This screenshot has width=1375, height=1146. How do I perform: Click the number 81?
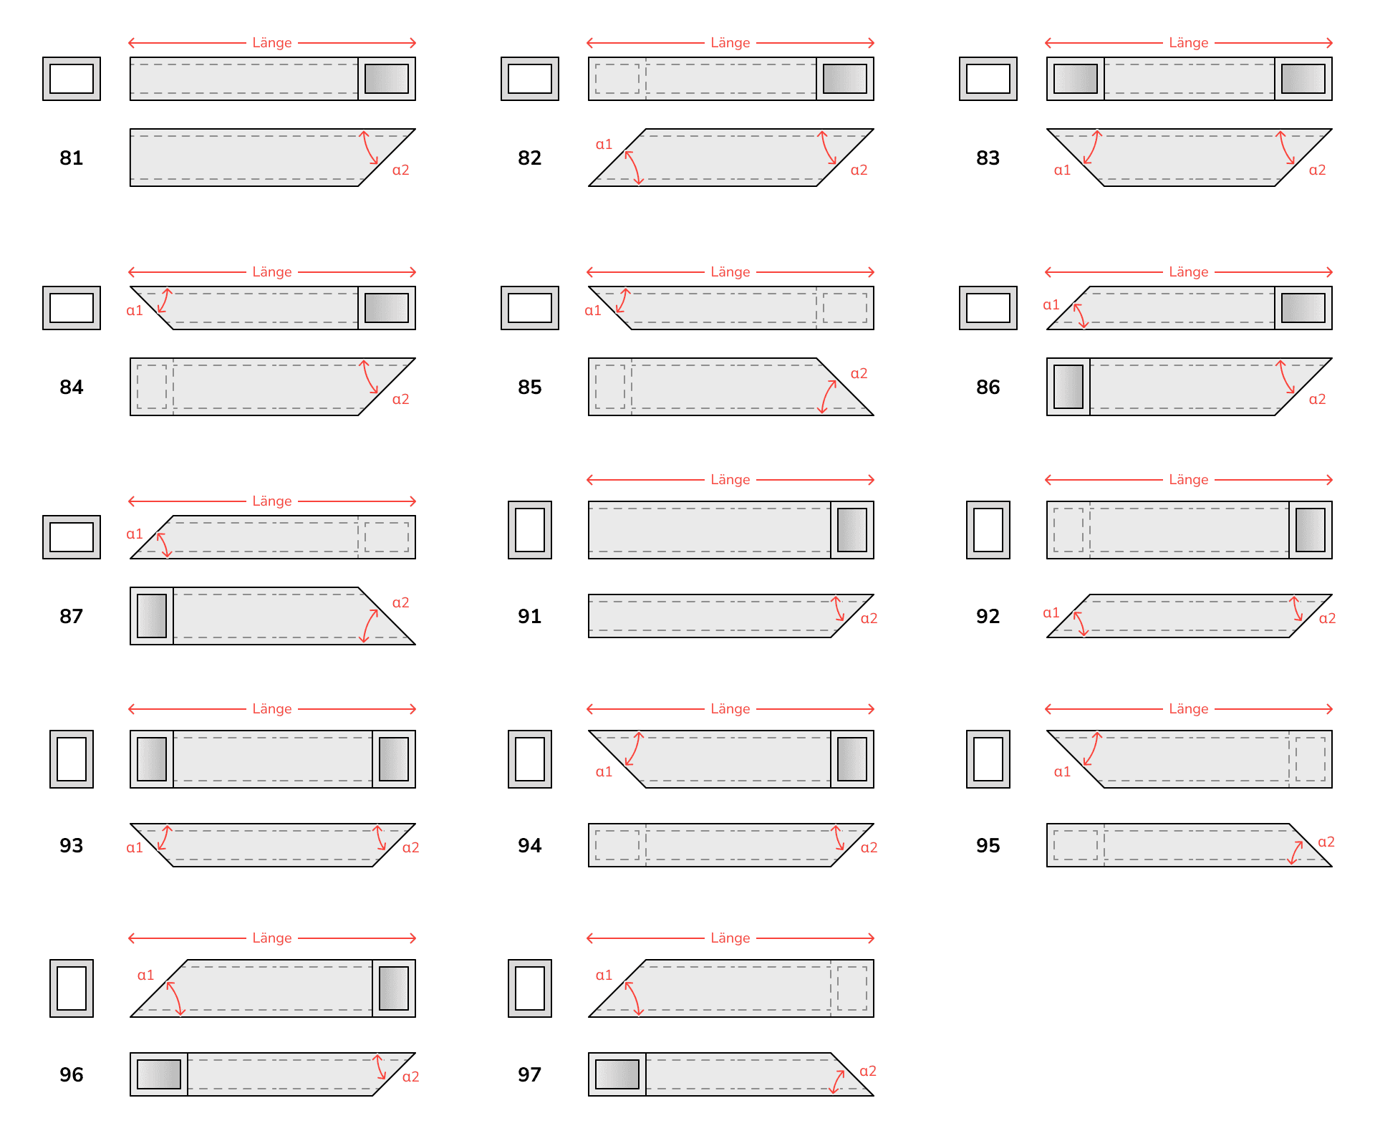[x=72, y=158]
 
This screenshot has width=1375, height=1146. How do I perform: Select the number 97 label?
[x=529, y=1074]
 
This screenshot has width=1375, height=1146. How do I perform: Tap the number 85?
[x=529, y=387]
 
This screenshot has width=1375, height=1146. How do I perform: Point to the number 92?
[x=988, y=616]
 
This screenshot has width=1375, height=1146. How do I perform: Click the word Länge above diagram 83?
[x=1188, y=43]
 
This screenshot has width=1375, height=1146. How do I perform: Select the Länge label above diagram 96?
[x=272, y=938]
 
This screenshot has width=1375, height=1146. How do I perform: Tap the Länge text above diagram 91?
[x=730, y=480]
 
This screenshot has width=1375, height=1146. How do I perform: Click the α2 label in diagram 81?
[x=400, y=170]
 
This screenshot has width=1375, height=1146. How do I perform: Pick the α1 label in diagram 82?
[x=604, y=144]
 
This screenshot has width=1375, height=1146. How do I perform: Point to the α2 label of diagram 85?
[x=859, y=373]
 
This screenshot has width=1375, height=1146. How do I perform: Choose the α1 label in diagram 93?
[x=135, y=847]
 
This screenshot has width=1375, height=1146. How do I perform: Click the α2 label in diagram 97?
[x=867, y=1071]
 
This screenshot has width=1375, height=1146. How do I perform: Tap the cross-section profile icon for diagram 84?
[x=72, y=308]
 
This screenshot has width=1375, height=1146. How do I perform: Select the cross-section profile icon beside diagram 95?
[x=988, y=759]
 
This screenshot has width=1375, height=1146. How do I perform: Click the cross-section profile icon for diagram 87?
[x=72, y=537]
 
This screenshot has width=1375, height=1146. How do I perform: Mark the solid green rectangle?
[x=1146, y=1031]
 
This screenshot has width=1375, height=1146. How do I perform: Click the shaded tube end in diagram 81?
[x=387, y=79]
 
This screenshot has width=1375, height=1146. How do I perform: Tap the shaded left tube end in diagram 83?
[x=1076, y=79]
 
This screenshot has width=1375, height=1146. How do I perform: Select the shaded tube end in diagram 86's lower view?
[x=1068, y=387]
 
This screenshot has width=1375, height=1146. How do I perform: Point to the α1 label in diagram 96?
[x=145, y=975]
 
